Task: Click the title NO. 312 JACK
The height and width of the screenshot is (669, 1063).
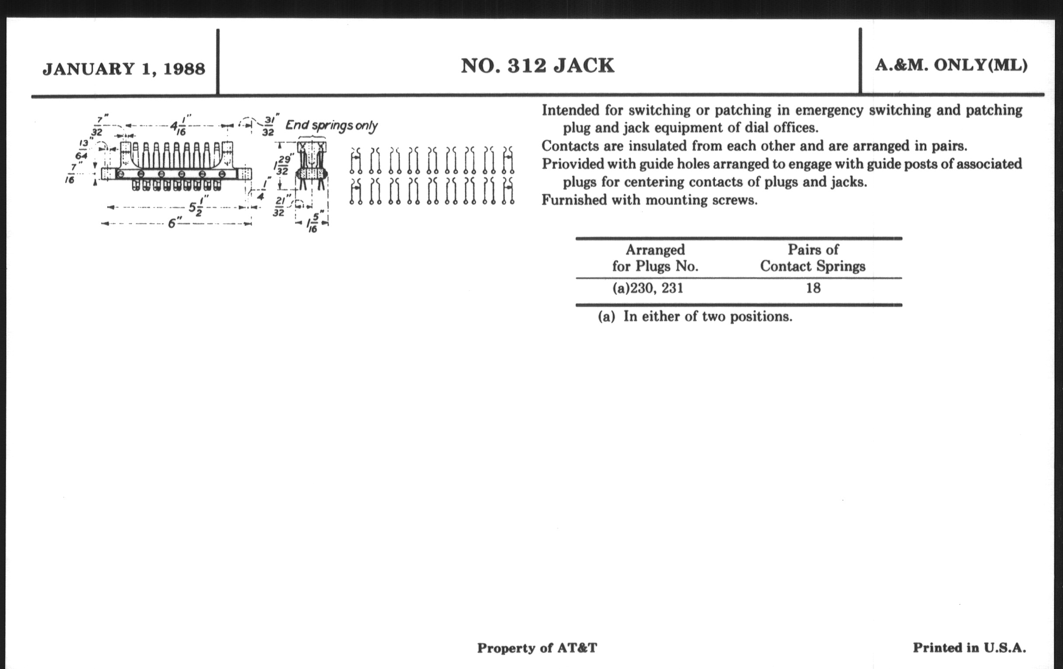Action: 537,66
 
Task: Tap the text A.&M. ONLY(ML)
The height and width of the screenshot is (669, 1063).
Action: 951,65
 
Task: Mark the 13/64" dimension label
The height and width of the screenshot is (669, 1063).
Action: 83,149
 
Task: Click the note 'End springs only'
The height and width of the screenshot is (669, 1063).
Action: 331,125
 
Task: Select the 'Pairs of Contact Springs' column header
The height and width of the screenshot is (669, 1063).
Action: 813,258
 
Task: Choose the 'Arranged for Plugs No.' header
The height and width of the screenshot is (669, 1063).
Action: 655,258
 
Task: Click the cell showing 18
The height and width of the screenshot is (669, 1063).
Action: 813,288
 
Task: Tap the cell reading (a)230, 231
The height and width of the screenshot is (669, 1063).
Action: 648,288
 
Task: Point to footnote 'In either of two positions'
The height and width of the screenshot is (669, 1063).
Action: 708,317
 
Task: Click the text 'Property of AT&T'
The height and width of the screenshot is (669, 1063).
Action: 537,648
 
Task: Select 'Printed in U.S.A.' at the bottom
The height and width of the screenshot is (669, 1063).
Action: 969,648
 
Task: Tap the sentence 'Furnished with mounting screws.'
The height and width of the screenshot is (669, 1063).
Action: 650,200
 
